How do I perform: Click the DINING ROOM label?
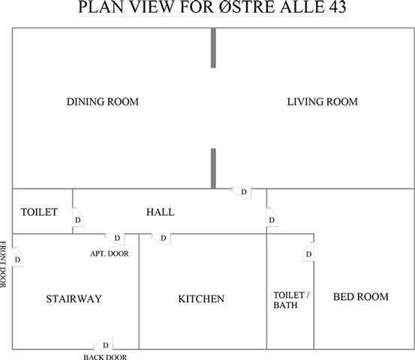[103, 102]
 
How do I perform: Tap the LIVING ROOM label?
[323, 102]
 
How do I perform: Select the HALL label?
[161, 212]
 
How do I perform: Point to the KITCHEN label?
[201, 299]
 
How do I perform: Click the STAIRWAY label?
[74, 299]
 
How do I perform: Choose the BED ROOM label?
[361, 297]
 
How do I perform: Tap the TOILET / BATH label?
[291, 300]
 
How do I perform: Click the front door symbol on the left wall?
[18, 257]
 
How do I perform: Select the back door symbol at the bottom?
[104, 343]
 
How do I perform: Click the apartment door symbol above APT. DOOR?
[116, 239]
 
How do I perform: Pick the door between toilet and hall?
[78, 217]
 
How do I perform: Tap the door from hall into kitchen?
[161, 239]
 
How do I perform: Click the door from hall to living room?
[242, 193]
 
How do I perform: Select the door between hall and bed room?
[272, 217]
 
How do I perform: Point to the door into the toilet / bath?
[308, 252]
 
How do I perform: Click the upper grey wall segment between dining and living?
[213, 48]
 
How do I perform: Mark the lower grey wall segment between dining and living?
[213, 169]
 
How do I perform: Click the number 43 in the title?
[338, 7]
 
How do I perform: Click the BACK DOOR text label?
[105, 357]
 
